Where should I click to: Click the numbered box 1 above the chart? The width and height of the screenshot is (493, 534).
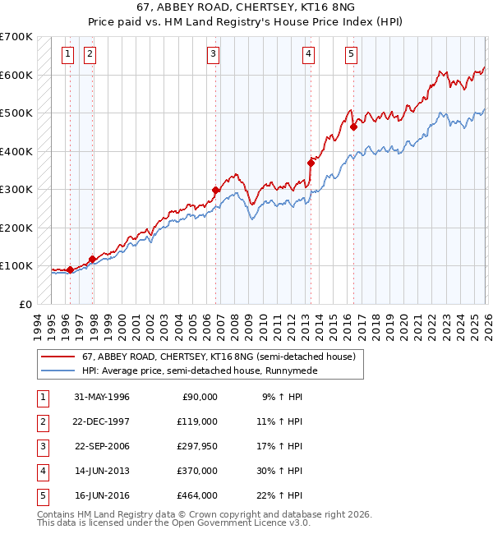pos(67,55)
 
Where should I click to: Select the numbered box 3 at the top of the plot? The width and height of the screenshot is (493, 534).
pos(213,55)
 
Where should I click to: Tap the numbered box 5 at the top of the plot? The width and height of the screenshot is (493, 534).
pos(351,55)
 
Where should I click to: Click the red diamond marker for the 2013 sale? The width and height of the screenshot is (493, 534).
pos(311,163)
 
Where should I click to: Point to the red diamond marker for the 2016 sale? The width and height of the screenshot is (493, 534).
pos(353,127)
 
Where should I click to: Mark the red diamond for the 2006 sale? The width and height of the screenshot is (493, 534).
pos(215,190)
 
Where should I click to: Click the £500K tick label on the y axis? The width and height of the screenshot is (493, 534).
pos(16,113)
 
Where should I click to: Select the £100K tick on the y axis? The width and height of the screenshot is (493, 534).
pos(16,266)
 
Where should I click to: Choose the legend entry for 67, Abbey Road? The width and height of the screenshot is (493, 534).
pos(218,357)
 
